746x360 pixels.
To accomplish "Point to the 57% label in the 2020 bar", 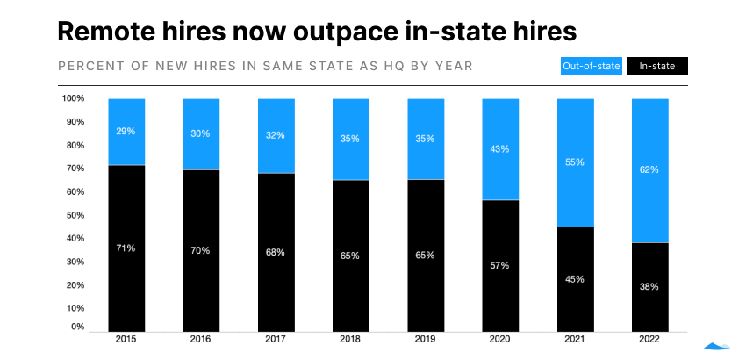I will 500,264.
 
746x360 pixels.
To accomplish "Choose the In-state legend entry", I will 656,66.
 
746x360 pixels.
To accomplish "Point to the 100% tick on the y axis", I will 73,98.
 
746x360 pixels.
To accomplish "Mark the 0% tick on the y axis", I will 76,327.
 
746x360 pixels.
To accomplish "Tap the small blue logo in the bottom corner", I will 718,345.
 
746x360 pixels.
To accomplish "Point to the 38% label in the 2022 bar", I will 650,286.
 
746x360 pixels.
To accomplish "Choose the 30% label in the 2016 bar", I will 201,133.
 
